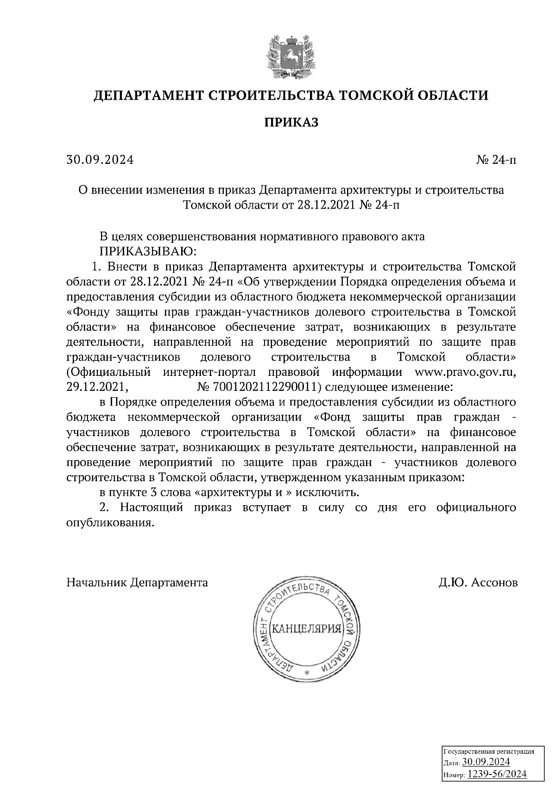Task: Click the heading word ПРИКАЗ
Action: click(x=291, y=122)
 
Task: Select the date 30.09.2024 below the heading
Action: click(x=100, y=160)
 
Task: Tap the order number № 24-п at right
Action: click(x=497, y=160)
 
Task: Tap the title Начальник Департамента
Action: click(x=137, y=583)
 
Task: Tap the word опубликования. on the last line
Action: click(x=110, y=522)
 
